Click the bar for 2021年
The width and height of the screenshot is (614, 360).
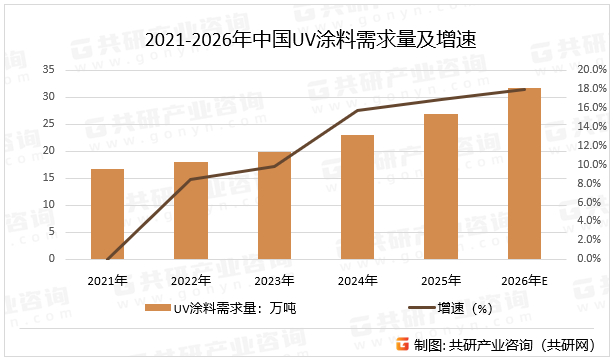click(x=107, y=213)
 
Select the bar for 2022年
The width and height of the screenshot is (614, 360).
click(x=191, y=210)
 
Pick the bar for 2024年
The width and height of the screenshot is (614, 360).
click(x=357, y=197)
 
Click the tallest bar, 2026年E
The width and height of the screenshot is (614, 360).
click(x=524, y=173)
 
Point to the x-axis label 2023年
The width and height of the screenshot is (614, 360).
click(x=274, y=280)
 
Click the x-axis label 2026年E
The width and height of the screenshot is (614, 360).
click(x=525, y=280)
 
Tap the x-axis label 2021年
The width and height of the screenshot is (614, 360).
click(x=107, y=280)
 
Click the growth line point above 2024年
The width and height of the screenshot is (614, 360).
click(x=357, y=110)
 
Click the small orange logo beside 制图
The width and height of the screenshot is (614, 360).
click(x=401, y=345)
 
